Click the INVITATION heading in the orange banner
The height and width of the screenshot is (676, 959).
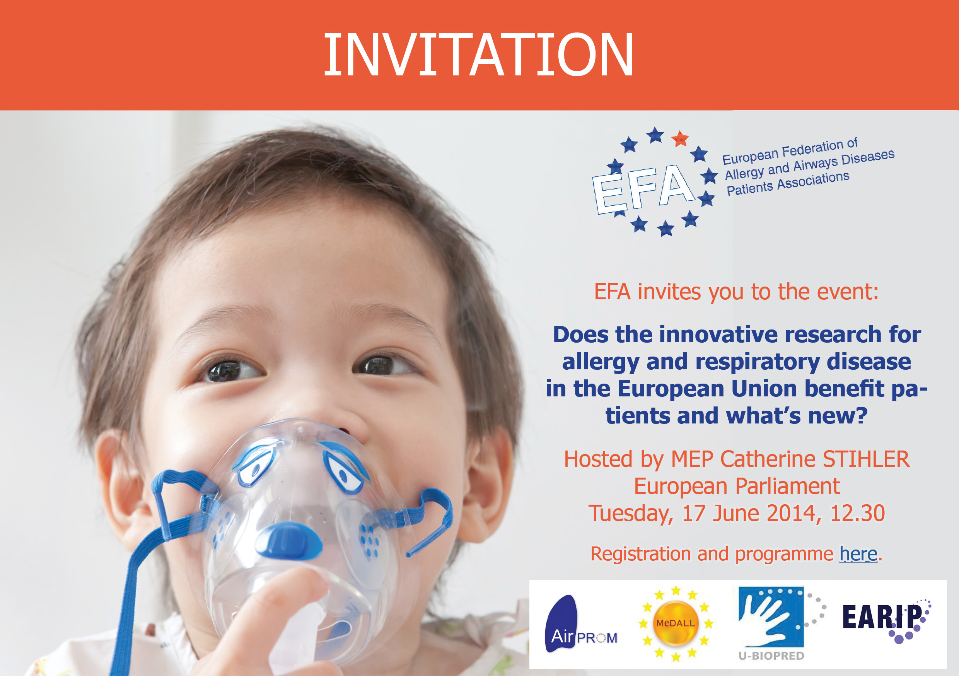(x=479, y=55)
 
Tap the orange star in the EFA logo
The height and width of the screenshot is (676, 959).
(x=680, y=138)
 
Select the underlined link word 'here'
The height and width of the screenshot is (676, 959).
(x=858, y=554)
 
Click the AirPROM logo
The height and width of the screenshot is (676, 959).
(x=580, y=624)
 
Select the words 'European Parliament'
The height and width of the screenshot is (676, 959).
(x=737, y=487)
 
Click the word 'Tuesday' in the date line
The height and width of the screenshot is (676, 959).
(x=631, y=514)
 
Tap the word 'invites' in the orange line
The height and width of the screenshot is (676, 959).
(x=669, y=292)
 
